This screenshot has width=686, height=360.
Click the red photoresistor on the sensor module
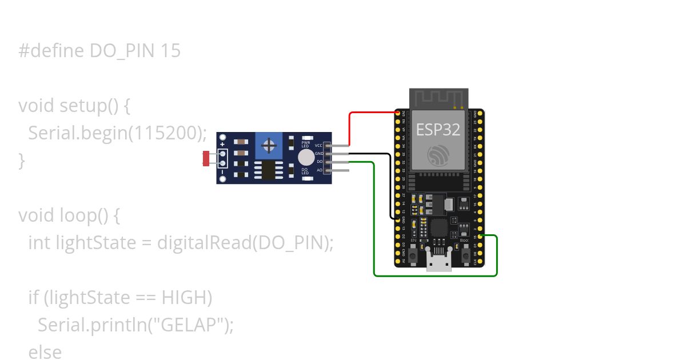206,158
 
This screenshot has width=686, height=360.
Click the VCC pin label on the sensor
318,146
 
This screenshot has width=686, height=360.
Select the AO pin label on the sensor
319,170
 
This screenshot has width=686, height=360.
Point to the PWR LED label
306,144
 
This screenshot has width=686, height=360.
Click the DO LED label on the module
305,171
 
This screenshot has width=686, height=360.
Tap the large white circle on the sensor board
306,158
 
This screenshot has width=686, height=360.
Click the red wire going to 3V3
350,129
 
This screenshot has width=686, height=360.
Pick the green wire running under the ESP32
434,275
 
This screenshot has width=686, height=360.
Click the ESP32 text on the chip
438,130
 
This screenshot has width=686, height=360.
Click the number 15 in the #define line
170,51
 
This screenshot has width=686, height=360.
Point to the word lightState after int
95,243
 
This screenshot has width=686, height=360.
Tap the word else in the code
45,352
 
